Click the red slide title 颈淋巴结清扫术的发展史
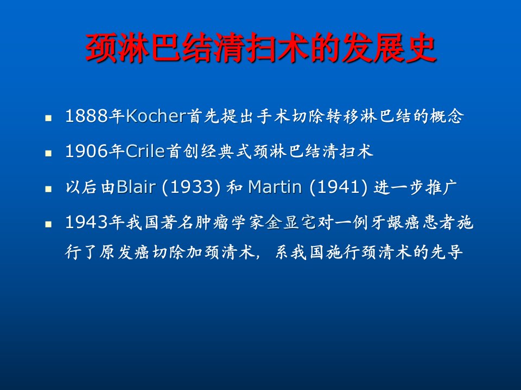[261, 48]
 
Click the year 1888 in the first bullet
[87, 116]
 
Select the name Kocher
[156, 116]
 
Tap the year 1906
[87, 151]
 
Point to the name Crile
[145, 151]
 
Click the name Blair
[136, 187]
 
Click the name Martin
[275, 187]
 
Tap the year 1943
[87, 222]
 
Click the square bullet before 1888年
[48, 118]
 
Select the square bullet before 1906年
[48, 153]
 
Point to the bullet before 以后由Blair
[48, 188]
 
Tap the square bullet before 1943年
[48, 224]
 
